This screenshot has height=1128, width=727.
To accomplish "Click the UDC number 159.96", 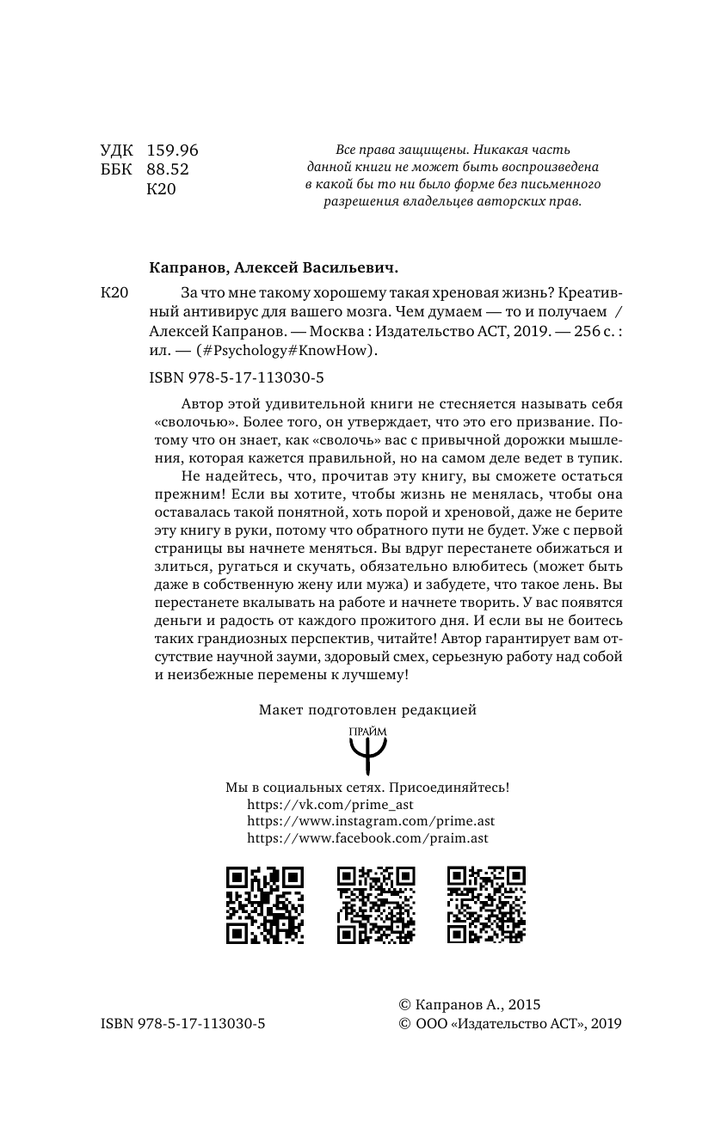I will pyautogui.click(x=173, y=150).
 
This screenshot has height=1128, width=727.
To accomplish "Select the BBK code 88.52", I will pyautogui.click(x=168, y=170).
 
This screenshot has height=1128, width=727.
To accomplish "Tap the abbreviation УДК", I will pyautogui.click(x=118, y=150).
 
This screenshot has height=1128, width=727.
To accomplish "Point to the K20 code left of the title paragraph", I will pyautogui.click(x=114, y=293).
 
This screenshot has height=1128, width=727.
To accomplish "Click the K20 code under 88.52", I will pyautogui.click(x=162, y=190).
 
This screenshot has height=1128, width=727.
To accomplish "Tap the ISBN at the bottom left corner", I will pyautogui.click(x=182, y=1023).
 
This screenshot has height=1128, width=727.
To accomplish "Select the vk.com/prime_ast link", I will pyautogui.click(x=330, y=805).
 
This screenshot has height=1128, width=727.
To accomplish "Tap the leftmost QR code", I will pyautogui.click(x=265, y=904).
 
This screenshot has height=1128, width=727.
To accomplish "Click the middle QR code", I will pyautogui.click(x=376, y=904).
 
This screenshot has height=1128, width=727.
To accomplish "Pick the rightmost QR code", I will pyautogui.click(x=487, y=904).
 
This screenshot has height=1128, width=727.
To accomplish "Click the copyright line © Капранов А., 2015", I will pyautogui.click(x=469, y=1004).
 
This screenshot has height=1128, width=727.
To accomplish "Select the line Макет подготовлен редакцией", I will pyautogui.click(x=367, y=710).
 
